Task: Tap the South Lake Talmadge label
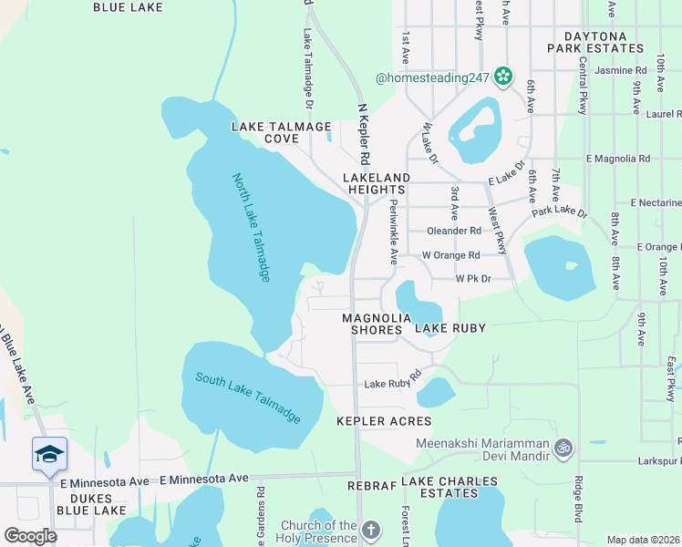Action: coord(248,398)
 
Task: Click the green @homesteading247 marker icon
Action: coord(502,78)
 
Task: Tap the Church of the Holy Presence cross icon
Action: coord(370,530)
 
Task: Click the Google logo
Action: coord(30,536)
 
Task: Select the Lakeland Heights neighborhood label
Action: coord(377,182)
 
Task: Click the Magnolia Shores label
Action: coord(372,324)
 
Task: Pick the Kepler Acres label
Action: coord(384,421)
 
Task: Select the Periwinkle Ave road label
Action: coord(394,232)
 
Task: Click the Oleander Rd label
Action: coord(456,232)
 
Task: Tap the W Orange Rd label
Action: coord(450,255)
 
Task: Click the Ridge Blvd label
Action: coord(578,498)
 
